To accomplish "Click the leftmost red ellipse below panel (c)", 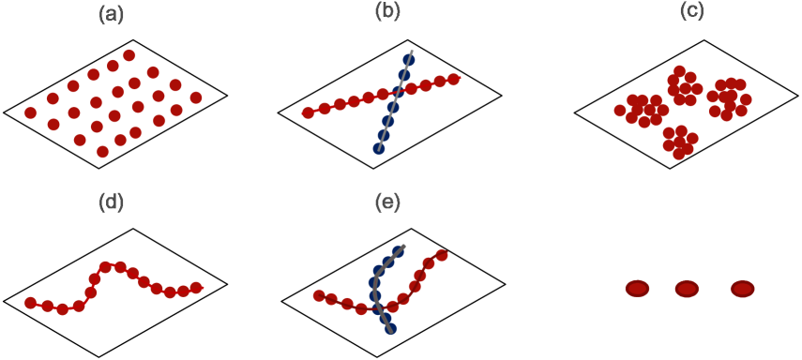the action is (x=637, y=289).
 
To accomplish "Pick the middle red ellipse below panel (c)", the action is (x=687, y=289).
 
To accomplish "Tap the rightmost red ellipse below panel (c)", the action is (x=742, y=289).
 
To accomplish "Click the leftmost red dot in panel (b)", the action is (x=308, y=112).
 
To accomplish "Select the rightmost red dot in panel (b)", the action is (x=454, y=80).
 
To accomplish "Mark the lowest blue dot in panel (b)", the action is (x=379, y=148).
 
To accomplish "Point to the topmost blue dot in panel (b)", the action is (x=409, y=60).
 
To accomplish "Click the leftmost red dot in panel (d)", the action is (x=30, y=303).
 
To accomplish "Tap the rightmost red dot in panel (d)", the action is (x=196, y=288).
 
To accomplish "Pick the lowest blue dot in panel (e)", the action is (x=390, y=329).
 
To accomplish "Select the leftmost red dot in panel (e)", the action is (x=319, y=296).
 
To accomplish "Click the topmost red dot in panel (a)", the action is (x=129, y=55).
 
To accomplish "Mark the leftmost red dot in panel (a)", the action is (x=30, y=112).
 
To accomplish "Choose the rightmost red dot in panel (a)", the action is (x=196, y=97).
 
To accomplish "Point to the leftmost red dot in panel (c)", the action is (x=620, y=111).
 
